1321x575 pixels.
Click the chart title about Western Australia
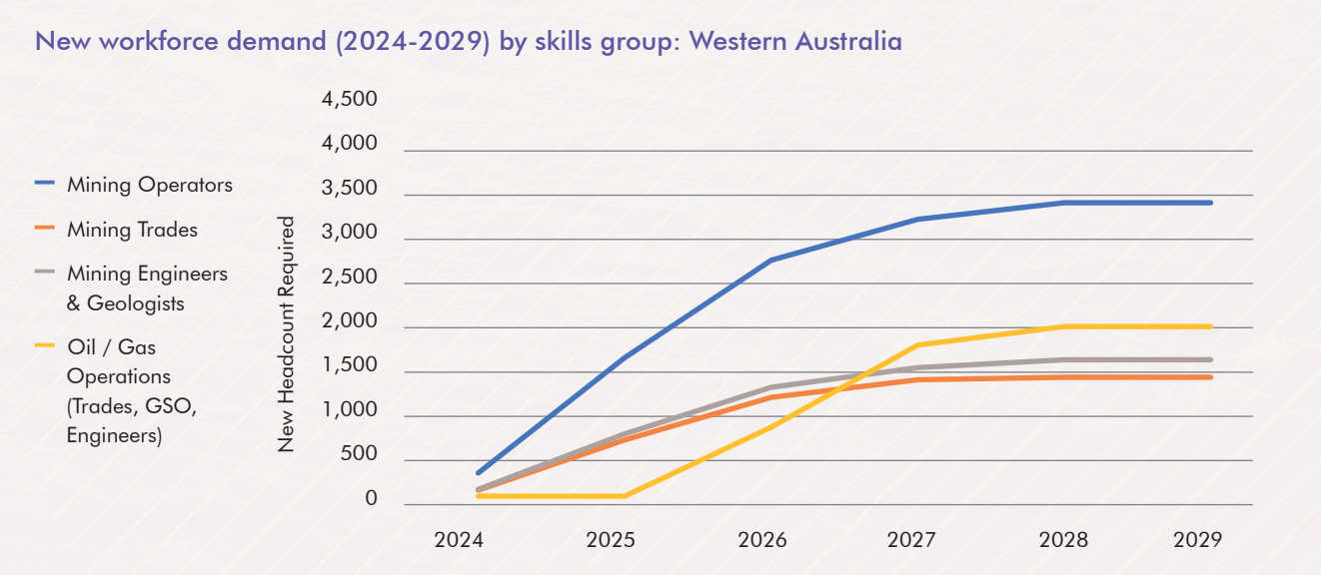468,42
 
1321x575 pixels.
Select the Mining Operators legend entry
149,185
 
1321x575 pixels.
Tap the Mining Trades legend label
132,230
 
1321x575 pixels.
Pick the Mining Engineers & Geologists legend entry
147,288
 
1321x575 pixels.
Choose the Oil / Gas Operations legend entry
119,391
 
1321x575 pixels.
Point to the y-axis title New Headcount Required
287,334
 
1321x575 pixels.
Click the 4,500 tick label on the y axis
349,100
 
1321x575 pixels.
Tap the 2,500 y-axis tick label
349,278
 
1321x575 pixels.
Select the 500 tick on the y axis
358,455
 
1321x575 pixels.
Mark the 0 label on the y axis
372,499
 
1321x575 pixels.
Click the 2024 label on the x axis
459,540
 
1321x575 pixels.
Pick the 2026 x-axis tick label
762,540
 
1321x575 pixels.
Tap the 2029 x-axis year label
1197,540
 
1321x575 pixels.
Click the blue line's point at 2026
770,261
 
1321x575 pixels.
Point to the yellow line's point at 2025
625,496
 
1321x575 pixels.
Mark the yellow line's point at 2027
916,345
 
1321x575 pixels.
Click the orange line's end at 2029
1210,377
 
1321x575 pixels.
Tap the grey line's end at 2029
1210,359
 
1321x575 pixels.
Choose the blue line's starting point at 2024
479,472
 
